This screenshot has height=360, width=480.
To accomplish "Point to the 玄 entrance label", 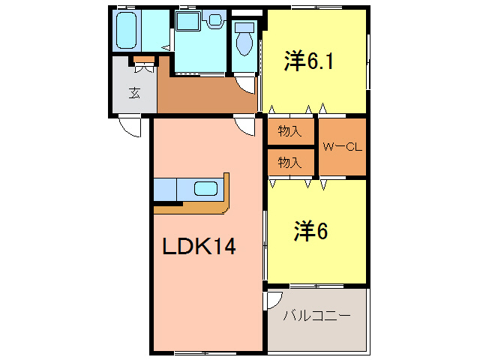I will [x=134, y=93].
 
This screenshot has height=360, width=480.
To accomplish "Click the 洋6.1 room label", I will [x=308, y=61].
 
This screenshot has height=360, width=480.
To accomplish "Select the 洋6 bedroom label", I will [x=310, y=232].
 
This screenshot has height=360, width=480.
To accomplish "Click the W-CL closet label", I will [x=342, y=147].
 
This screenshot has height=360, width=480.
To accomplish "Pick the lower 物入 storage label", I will [x=289, y=161].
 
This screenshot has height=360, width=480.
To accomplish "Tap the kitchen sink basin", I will [x=205, y=188].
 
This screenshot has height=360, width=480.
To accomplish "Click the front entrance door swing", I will [x=130, y=127].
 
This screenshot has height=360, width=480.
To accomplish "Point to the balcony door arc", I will [x=272, y=301].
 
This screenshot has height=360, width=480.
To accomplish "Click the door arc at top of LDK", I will [x=244, y=126].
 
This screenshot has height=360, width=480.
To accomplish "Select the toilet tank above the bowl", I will [x=244, y=28].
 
